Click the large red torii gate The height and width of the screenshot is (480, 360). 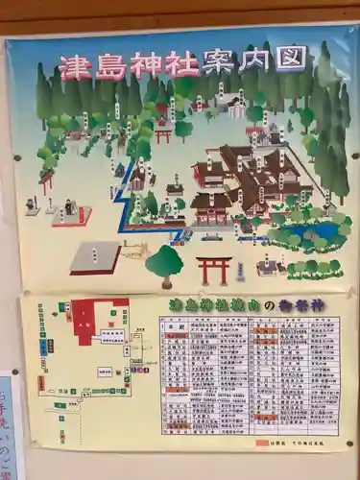(x=213, y=270)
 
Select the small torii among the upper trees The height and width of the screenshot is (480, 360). (x=163, y=134)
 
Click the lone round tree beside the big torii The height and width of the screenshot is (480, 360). (x=164, y=262)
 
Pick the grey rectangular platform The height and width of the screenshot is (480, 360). (x=95, y=256)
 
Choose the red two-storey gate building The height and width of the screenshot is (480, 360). (x=210, y=205)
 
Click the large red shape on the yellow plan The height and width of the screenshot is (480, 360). (x=96, y=318)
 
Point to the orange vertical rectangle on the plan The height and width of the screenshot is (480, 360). (x=41, y=382)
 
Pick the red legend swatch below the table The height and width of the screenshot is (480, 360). (x=262, y=444)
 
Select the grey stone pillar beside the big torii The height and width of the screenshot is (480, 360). (x=239, y=272)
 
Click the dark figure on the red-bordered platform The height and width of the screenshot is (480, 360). (x=69, y=207)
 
